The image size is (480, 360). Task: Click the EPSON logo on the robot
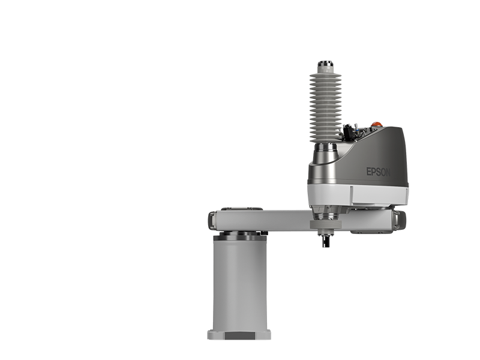coord(379,172)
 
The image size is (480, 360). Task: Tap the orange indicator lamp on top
coord(377,124)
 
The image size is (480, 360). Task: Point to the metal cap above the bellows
coord(325,64)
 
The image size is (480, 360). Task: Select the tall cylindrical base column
coord(239,284)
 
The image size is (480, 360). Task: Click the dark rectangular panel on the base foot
coord(239,336)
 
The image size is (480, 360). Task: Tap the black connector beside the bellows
coord(347,132)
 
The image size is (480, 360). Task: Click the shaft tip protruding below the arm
coord(325,241)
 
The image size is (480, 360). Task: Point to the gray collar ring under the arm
coord(325,224)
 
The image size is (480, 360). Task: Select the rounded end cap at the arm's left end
coord(211,221)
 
